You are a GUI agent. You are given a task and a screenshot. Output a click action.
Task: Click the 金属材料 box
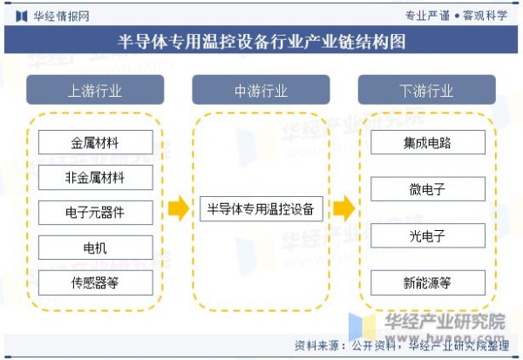[96, 142]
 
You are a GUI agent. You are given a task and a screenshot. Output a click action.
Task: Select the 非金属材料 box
[96, 177]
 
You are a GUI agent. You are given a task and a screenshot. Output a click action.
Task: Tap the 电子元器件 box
[96, 213]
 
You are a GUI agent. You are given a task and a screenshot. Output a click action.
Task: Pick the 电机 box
[96, 248]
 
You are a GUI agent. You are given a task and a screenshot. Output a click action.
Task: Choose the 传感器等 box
[96, 283]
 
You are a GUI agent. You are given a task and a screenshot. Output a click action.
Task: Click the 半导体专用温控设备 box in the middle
[261, 209]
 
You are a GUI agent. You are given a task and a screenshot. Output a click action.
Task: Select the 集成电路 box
[428, 142]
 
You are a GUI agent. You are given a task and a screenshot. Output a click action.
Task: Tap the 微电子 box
[428, 189]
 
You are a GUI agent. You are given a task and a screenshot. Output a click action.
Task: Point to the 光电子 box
[428, 236]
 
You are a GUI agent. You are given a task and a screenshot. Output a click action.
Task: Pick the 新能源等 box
[428, 283]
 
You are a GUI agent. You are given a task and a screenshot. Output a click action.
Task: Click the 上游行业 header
[95, 90]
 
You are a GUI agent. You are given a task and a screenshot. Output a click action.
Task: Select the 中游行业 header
[261, 90]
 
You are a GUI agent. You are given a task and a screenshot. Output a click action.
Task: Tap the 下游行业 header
[427, 90]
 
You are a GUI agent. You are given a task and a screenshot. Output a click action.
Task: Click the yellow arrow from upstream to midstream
[179, 208]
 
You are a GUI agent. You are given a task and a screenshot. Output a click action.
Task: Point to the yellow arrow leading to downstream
[344, 208]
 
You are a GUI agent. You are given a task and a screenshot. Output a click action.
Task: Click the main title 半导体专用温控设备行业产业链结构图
[261, 41]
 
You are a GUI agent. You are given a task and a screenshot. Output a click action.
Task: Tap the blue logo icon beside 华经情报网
[22, 16]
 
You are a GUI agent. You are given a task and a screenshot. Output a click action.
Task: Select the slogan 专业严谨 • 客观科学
[456, 16]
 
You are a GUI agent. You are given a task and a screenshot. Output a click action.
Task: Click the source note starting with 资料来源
[402, 346]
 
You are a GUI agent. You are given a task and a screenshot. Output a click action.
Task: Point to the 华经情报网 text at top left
[61, 16]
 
